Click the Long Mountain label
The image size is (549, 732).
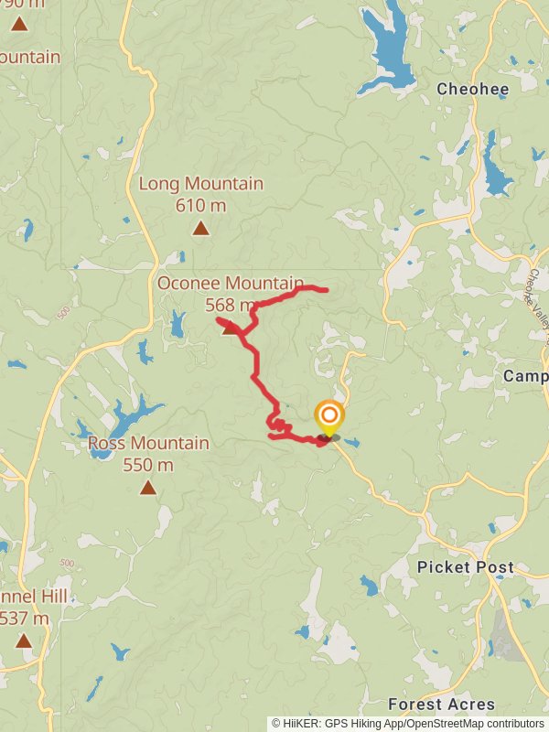[200, 184]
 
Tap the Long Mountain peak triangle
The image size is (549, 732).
[200, 228]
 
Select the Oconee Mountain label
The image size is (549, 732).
[230, 284]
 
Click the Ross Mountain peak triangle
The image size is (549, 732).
[148, 488]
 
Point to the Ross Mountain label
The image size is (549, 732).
[148, 444]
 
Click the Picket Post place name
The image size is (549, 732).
[465, 567]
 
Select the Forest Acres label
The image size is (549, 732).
[441, 705]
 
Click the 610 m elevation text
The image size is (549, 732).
[200, 205]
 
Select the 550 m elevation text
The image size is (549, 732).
[148, 465]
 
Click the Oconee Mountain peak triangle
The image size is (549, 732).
[231, 328]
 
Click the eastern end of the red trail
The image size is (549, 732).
[326, 291]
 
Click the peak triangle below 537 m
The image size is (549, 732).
[24, 641]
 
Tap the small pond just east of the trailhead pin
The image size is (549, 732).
[352, 444]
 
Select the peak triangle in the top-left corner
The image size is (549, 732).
[18, 24]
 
